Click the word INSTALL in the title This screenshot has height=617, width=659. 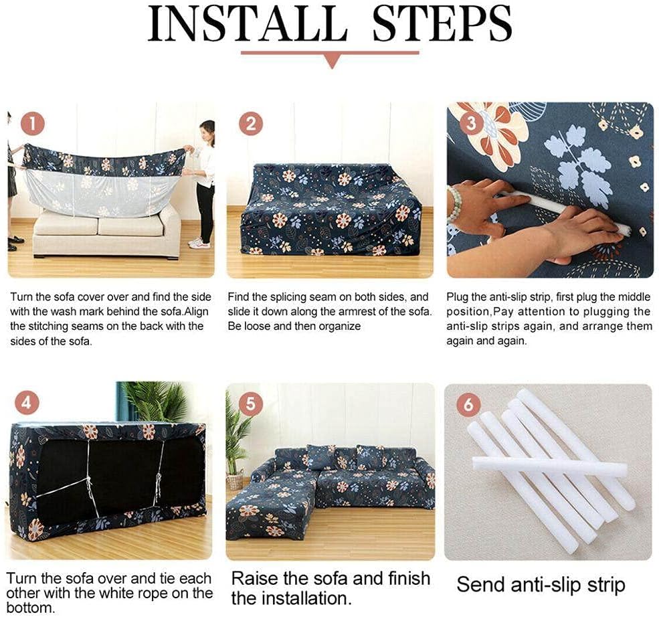(248, 23)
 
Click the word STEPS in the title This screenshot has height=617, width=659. (442, 23)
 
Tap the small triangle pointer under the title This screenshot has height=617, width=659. (332, 62)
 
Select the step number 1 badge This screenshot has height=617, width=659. (32, 124)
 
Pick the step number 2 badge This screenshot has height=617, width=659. (251, 124)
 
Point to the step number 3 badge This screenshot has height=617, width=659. (471, 124)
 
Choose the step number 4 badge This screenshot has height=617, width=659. (27, 403)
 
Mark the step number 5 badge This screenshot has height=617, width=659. (250, 403)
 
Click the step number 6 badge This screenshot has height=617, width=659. (468, 404)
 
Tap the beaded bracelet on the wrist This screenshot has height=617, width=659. (454, 205)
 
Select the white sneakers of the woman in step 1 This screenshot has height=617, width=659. (199, 244)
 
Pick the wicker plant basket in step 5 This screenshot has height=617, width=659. (236, 480)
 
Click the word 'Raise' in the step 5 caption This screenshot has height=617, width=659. (255, 579)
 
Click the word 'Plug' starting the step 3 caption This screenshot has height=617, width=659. (457, 298)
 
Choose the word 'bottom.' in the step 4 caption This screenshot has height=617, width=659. (30, 608)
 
